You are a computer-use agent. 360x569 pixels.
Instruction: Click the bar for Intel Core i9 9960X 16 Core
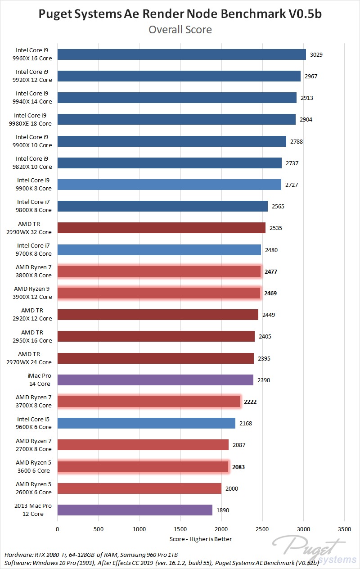pos(182,54)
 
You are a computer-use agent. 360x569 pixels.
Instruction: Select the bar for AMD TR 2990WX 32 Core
pos(161,228)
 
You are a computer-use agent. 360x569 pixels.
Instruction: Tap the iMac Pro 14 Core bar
pos(155,380)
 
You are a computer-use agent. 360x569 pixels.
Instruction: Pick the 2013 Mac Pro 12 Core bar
pos(135,510)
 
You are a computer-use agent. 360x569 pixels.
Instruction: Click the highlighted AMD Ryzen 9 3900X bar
pos(159,293)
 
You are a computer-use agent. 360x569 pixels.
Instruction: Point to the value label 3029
pos(316,55)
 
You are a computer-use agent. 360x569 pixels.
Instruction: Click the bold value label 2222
pos(250,402)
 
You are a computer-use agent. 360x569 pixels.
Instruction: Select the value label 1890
pos(223,510)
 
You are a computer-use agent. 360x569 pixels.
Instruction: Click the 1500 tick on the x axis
pos(180,529)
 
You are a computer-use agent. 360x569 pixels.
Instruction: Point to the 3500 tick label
pos(345,529)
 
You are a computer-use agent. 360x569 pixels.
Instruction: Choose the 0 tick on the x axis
pos(58,529)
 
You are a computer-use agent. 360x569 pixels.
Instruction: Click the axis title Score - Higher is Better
pos(201,539)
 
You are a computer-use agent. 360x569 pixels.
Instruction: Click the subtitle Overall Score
pos(180,30)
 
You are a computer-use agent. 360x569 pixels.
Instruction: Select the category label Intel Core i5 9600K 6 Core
pos(34,423)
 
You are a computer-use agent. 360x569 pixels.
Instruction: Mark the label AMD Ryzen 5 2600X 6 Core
pos(34,488)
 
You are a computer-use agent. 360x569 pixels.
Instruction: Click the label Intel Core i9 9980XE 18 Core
pos(33,119)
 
